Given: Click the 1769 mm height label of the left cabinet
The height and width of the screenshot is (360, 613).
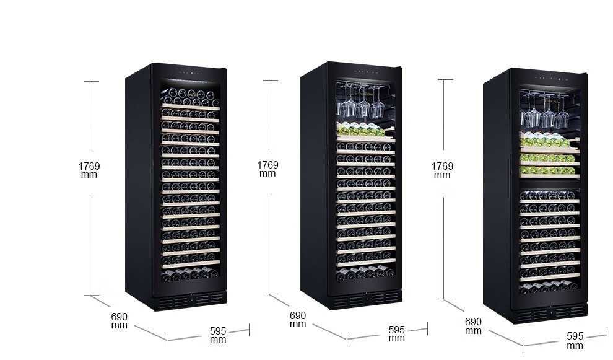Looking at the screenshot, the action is pyautogui.click(x=89, y=170).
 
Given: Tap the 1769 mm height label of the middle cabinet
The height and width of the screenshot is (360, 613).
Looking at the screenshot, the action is pyautogui.click(x=267, y=169).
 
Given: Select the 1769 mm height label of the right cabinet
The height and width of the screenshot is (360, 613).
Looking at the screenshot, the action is pyautogui.click(x=442, y=170).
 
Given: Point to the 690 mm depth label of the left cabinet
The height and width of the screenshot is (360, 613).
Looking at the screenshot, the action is pyautogui.click(x=120, y=320).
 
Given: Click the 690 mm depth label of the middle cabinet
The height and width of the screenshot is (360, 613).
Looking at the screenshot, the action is pyautogui.click(x=298, y=320).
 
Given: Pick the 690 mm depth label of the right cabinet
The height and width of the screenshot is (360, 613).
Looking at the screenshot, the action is pyautogui.click(x=473, y=326).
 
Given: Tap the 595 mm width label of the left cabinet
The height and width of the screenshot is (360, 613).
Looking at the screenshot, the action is pyautogui.click(x=218, y=335).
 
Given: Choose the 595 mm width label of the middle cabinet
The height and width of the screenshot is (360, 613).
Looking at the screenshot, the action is pyautogui.click(x=397, y=333).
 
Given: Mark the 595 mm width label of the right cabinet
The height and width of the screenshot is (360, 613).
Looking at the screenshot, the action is pyautogui.click(x=575, y=340).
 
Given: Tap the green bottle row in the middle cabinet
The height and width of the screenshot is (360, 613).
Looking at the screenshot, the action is pyautogui.click(x=359, y=130).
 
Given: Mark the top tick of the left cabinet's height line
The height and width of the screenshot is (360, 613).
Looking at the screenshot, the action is pyautogui.click(x=92, y=82).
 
